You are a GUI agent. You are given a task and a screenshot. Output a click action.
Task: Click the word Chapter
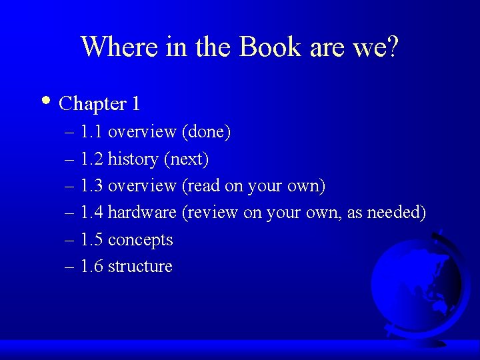point(93,104)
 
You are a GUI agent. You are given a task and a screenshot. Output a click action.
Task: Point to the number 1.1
point(91,133)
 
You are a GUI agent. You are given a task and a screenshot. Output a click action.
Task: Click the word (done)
point(206,133)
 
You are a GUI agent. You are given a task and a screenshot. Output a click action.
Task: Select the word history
point(133,159)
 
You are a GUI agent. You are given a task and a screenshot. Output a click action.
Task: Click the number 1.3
point(91,186)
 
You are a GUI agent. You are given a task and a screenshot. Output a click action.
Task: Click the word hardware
point(142,213)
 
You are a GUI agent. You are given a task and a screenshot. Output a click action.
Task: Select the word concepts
point(140,240)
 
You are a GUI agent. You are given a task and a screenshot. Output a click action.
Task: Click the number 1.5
point(91,239)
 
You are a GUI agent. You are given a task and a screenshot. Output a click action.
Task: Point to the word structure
point(140,267)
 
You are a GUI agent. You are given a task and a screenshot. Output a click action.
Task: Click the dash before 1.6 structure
point(70,267)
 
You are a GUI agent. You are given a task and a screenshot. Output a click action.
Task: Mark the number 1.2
point(91,159)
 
